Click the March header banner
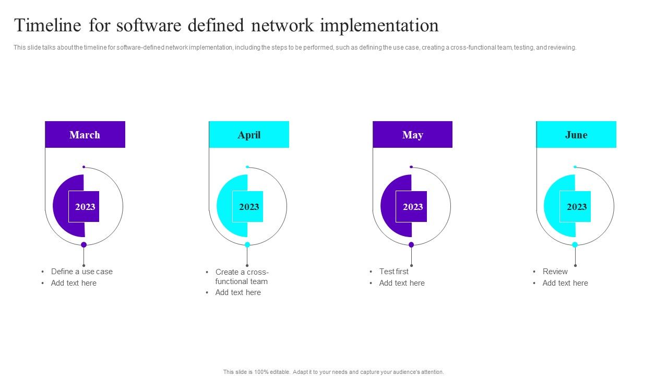[x=85, y=135]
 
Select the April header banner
[x=249, y=135]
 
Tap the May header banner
[x=412, y=135]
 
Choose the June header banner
[x=576, y=135]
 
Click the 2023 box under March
[x=85, y=207]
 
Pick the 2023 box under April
[x=248, y=207]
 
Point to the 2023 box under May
[x=412, y=207]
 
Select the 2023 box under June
[x=576, y=207]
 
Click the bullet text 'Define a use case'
[x=81, y=272]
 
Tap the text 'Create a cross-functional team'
[x=242, y=277]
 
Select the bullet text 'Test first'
[x=393, y=272]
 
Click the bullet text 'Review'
[x=555, y=272]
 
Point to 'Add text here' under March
[x=74, y=283]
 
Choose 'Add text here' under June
[x=565, y=283]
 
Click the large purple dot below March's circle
[x=83, y=244]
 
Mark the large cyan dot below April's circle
[x=247, y=244]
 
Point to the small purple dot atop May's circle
[x=411, y=167]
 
